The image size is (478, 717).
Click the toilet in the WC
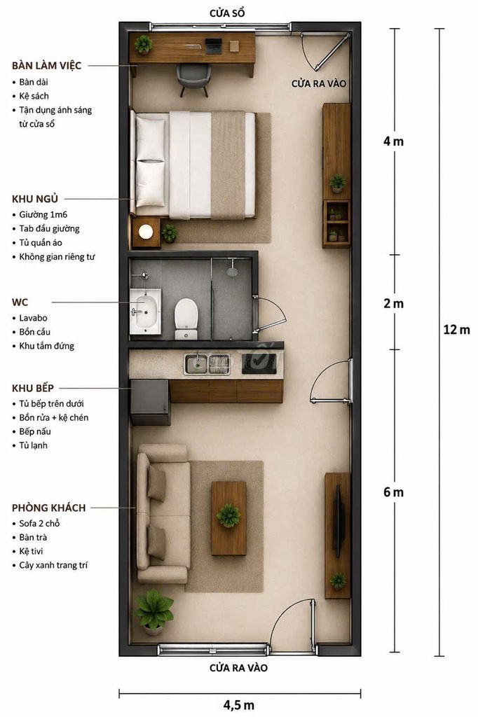pyautogui.click(x=186, y=319)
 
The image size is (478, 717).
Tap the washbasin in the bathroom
pyautogui.click(x=145, y=312)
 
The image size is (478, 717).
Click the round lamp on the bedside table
pyautogui.click(x=146, y=232)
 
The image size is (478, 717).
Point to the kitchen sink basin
pyautogui.click(x=196, y=364)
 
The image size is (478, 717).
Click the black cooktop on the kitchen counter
pyautogui.click(x=259, y=363)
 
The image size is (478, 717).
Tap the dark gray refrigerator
pyautogui.click(x=150, y=402)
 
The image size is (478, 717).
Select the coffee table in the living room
pyautogui.click(x=228, y=517)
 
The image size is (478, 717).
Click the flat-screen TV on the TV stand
pyautogui.click(x=339, y=520)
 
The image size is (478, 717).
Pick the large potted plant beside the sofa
pyautogui.click(x=153, y=611)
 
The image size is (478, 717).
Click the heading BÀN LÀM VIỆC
pyautogui.click(x=47, y=65)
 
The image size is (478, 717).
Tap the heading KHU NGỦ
pyautogui.click(x=35, y=199)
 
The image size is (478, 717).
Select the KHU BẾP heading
pyautogui.click(x=33, y=388)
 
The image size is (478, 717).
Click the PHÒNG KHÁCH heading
pyautogui.click(x=49, y=508)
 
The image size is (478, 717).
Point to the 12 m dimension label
pyautogui.click(x=456, y=329)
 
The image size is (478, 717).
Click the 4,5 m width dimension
pyautogui.click(x=238, y=705)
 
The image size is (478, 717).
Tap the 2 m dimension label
pyautogui.click(x=394, y=303)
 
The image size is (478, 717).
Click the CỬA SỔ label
pyautogui.click(x=227, y=13)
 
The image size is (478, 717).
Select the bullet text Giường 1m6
pyautogui.click(x=43, y=214)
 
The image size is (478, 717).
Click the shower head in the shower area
pyautogui.click(x=232, y=271)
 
